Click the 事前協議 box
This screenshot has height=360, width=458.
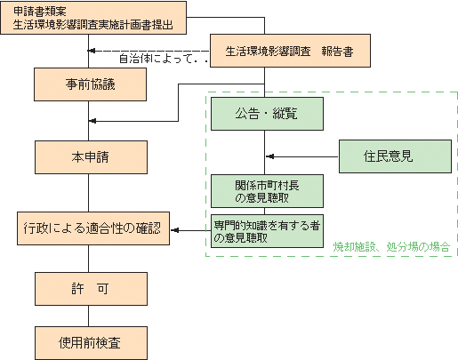89,84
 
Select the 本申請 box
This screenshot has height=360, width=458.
89,157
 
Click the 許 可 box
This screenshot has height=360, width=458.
89,289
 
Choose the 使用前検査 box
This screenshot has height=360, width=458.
89,341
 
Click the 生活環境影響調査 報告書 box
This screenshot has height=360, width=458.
288,52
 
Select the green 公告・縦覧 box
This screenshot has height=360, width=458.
266,114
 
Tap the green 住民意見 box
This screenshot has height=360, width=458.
394,156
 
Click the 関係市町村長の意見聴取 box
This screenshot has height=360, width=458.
266,190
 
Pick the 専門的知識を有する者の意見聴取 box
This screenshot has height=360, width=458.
266,231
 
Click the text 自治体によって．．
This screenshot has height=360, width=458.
163,60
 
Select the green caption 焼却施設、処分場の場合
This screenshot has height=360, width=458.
391,246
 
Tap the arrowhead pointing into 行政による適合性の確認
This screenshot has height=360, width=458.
174,231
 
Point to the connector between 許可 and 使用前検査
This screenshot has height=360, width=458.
89,316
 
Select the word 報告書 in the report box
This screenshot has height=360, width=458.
337,52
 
